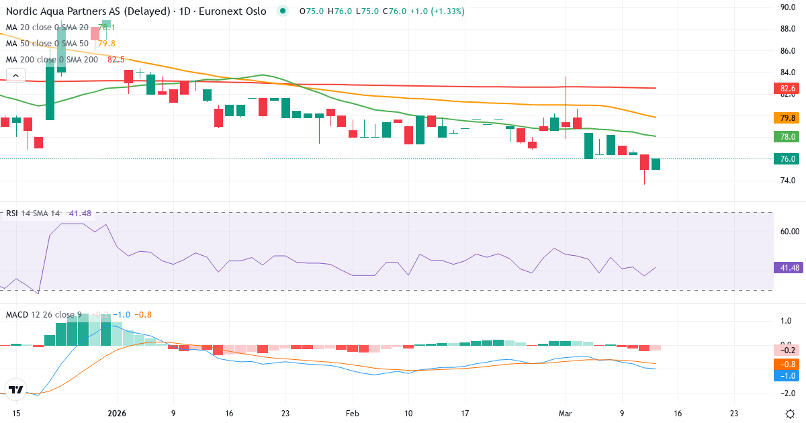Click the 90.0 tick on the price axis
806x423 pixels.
coord(788,7)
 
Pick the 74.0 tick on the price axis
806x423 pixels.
coord(788,181)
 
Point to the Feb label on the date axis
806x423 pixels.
coord(353,414)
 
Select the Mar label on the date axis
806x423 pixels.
coord(565,414)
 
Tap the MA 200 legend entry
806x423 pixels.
coord(52,60)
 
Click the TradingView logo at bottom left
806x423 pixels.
coord(17,389)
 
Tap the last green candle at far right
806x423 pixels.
coord(656,164)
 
